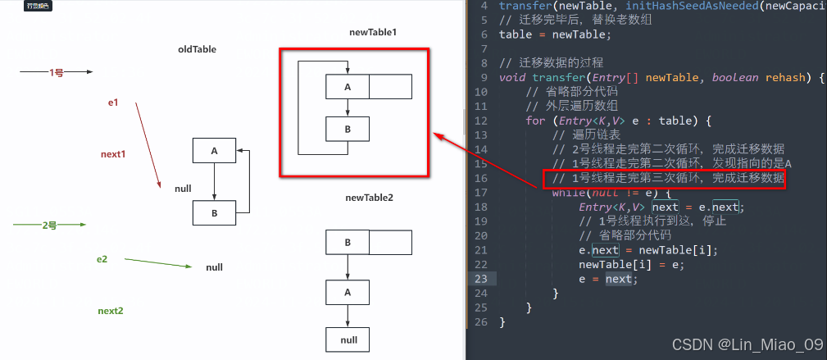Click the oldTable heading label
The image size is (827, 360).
pos(197,49)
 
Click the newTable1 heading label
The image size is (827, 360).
pos(372,32)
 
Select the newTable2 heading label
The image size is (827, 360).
pos(370,198)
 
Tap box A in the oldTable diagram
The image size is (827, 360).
pos(214,151)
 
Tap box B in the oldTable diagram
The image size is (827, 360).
pos(214,212)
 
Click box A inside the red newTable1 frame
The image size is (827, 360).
pos(348,87)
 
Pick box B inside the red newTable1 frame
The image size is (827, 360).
pos(348,129)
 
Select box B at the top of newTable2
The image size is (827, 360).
pos(348,243)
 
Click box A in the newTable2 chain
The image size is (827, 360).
pos(348,291)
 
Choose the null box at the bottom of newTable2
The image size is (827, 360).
pos(348,339)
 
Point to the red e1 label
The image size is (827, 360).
pos(114,103)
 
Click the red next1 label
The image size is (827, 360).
pos(113,154)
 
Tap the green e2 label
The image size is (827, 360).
pos(102,259)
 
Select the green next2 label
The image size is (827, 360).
pos(111,311)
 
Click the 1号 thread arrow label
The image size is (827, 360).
pos(57,73)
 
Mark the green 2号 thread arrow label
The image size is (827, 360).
pos(50,224)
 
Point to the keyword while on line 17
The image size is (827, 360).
pos(569,193)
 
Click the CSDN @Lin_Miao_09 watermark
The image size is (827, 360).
pos(747,344)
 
